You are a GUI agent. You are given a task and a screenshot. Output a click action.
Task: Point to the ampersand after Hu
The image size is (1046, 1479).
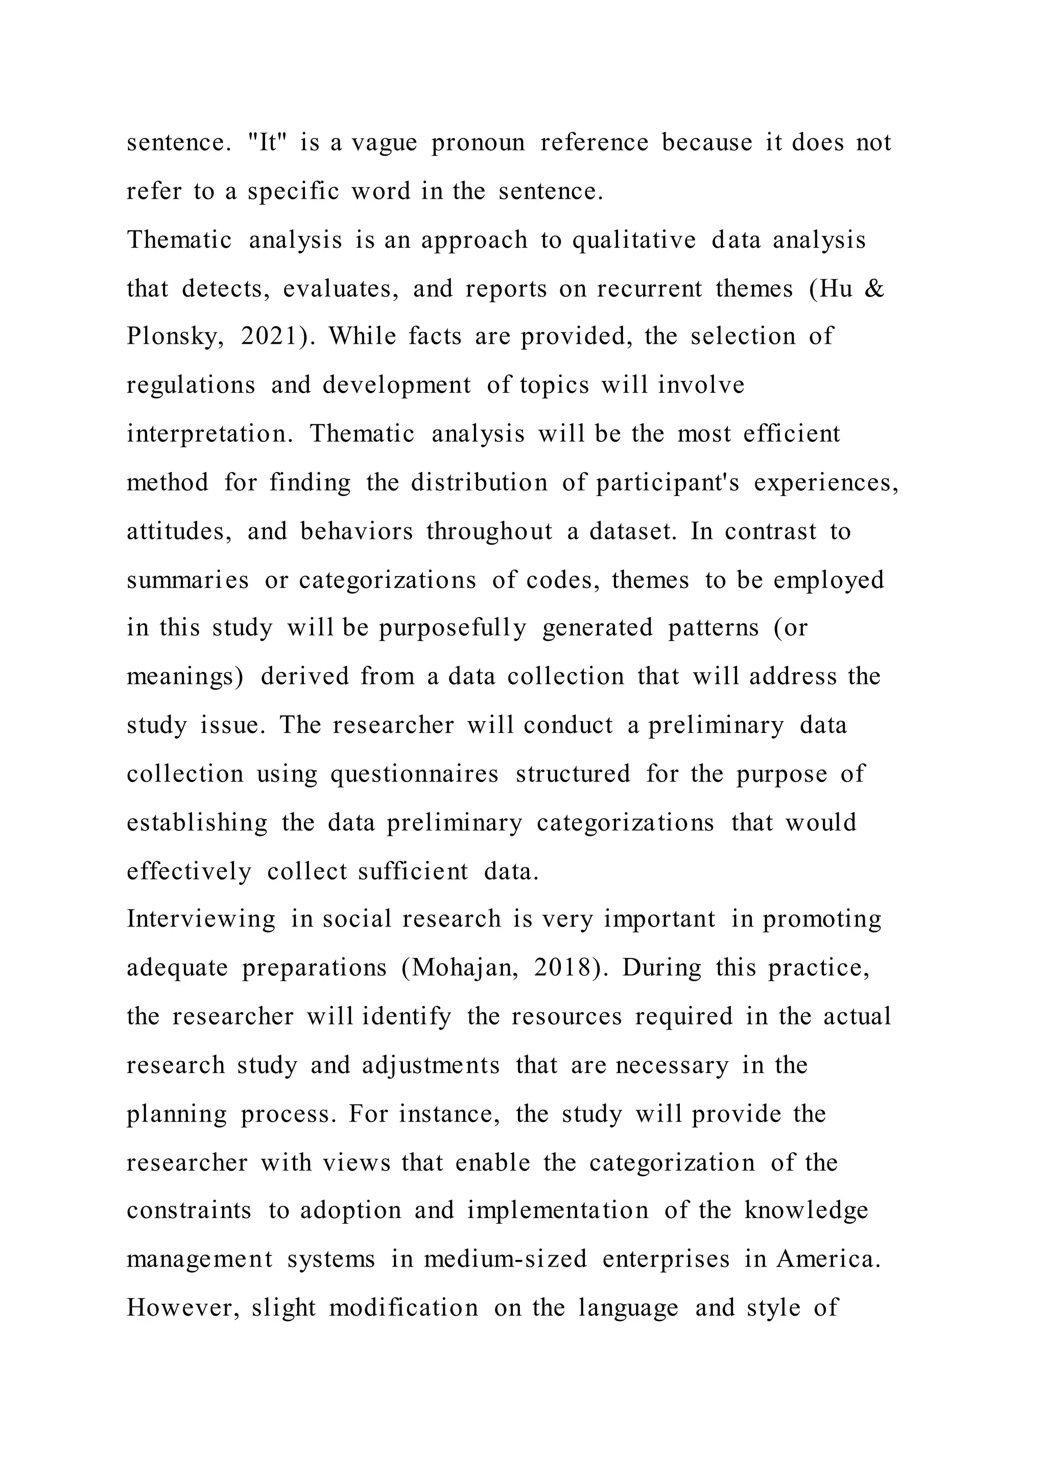coord(874,289)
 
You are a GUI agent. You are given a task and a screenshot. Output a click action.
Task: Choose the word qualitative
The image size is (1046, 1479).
coord(634,240)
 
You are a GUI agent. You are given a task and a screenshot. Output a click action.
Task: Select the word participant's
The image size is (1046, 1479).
coord(667,483)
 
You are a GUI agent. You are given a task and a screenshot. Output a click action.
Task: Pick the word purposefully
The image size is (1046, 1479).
coord(452,628)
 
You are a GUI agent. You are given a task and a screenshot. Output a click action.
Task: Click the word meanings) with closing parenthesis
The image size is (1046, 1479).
coord(185,677)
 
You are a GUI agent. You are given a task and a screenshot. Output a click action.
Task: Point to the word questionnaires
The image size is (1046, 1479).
coord(414,774)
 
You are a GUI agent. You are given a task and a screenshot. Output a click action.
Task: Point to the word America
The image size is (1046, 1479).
coord(827,1259)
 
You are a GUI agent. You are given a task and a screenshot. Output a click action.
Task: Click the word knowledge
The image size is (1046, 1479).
coord(806,1211)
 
